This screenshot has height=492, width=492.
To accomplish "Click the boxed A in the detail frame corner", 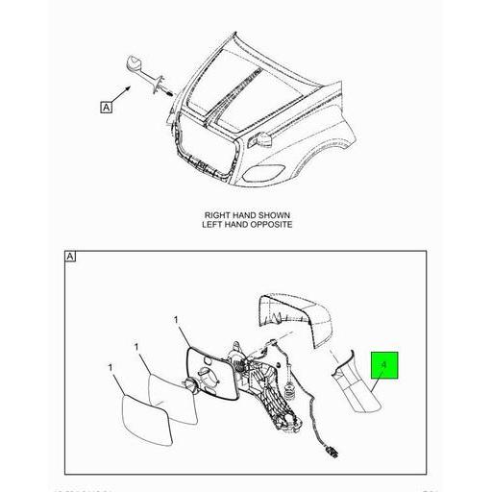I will (x=70, y=256).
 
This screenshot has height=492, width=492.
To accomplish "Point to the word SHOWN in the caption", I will (x=273, y=215).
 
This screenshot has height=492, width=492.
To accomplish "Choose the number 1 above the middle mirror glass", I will (x=136, y=346).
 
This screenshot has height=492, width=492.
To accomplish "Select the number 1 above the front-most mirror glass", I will (x=111, y=368).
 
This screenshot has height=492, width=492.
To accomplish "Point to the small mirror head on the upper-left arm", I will (x=134, y=65).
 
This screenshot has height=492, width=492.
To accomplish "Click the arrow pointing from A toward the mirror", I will (x=125, y=97).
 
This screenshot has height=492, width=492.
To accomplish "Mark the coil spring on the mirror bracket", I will (x=288, y=389).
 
